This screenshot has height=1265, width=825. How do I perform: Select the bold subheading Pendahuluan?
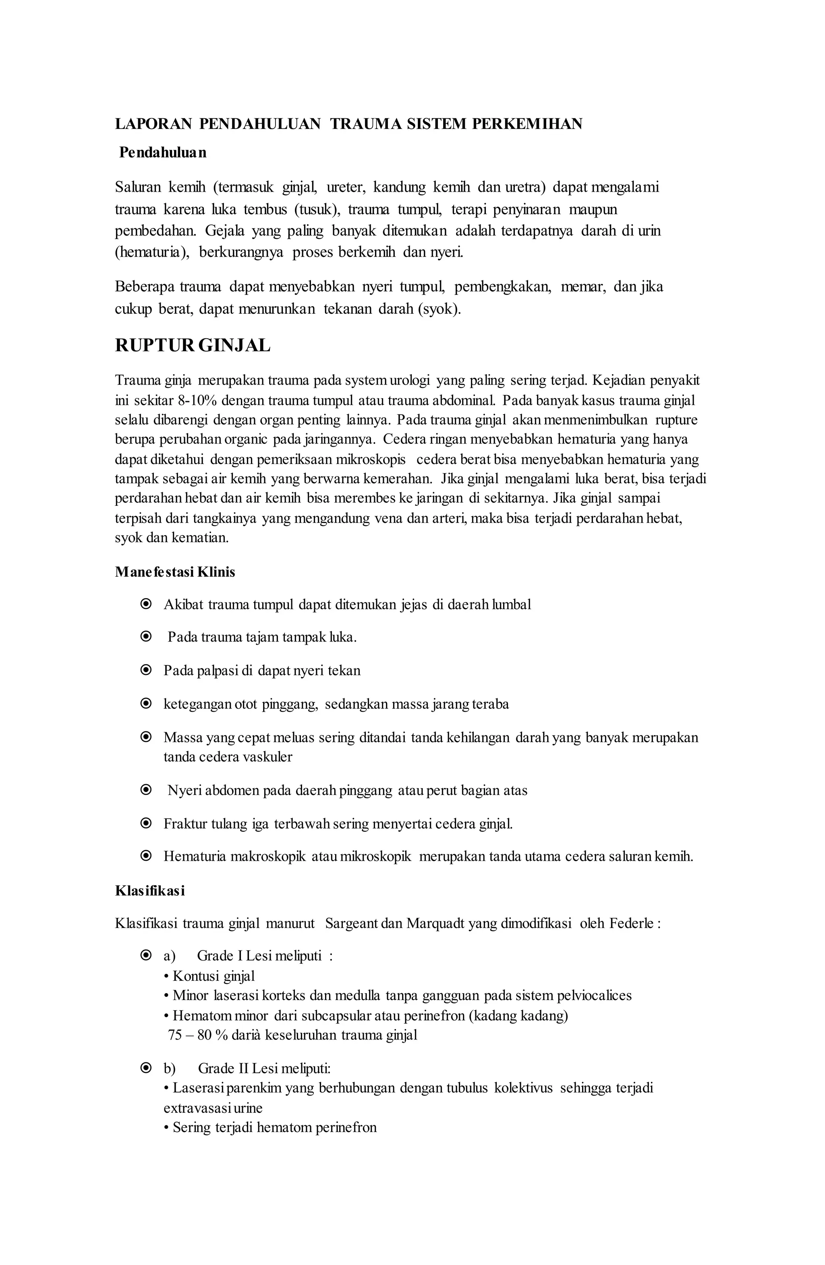[x=163, y=153]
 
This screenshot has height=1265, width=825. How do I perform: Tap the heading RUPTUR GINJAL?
[x=193, y=346]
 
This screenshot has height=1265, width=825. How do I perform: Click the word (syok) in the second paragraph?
[x=439, y=309]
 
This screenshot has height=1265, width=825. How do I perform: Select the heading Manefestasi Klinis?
[x=175, y=572]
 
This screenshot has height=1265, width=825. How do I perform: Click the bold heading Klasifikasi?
[x=149, y=891]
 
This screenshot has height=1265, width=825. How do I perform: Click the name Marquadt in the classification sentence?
[x=436, y=923]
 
